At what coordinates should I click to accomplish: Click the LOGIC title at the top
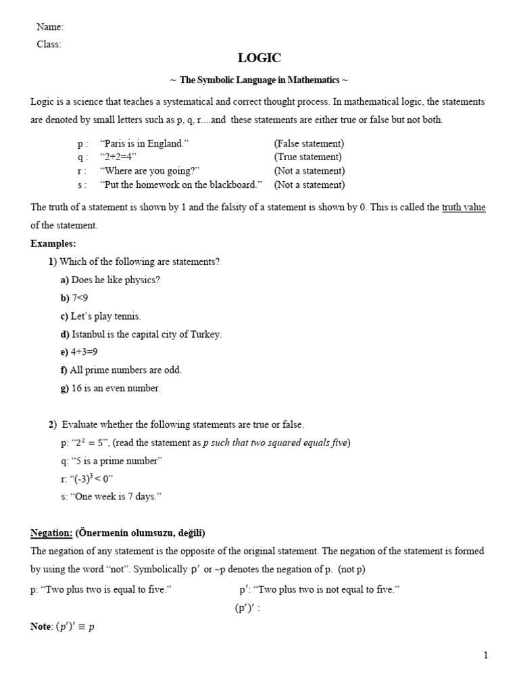[x=259, y=59]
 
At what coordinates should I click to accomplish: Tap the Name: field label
[x=49, y=27]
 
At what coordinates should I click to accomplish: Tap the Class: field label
[x=49, y=44]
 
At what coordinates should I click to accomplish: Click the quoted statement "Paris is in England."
[x=144, y=144]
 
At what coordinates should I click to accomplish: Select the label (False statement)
[x=309, y=144]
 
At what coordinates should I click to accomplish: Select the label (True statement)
[x=308, y=157]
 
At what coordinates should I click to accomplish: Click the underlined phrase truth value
[x=464, y=207]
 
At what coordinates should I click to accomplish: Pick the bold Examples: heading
[x=53, y=243]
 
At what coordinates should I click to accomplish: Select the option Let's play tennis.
[x=106, y=316]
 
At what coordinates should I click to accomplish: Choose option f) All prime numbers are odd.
[x=121, y=370]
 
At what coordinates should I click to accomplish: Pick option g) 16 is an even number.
[x=111, y=388]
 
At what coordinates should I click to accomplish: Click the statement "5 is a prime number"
[x=117, y=461]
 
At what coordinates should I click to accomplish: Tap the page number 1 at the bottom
[x=485, y=655]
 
